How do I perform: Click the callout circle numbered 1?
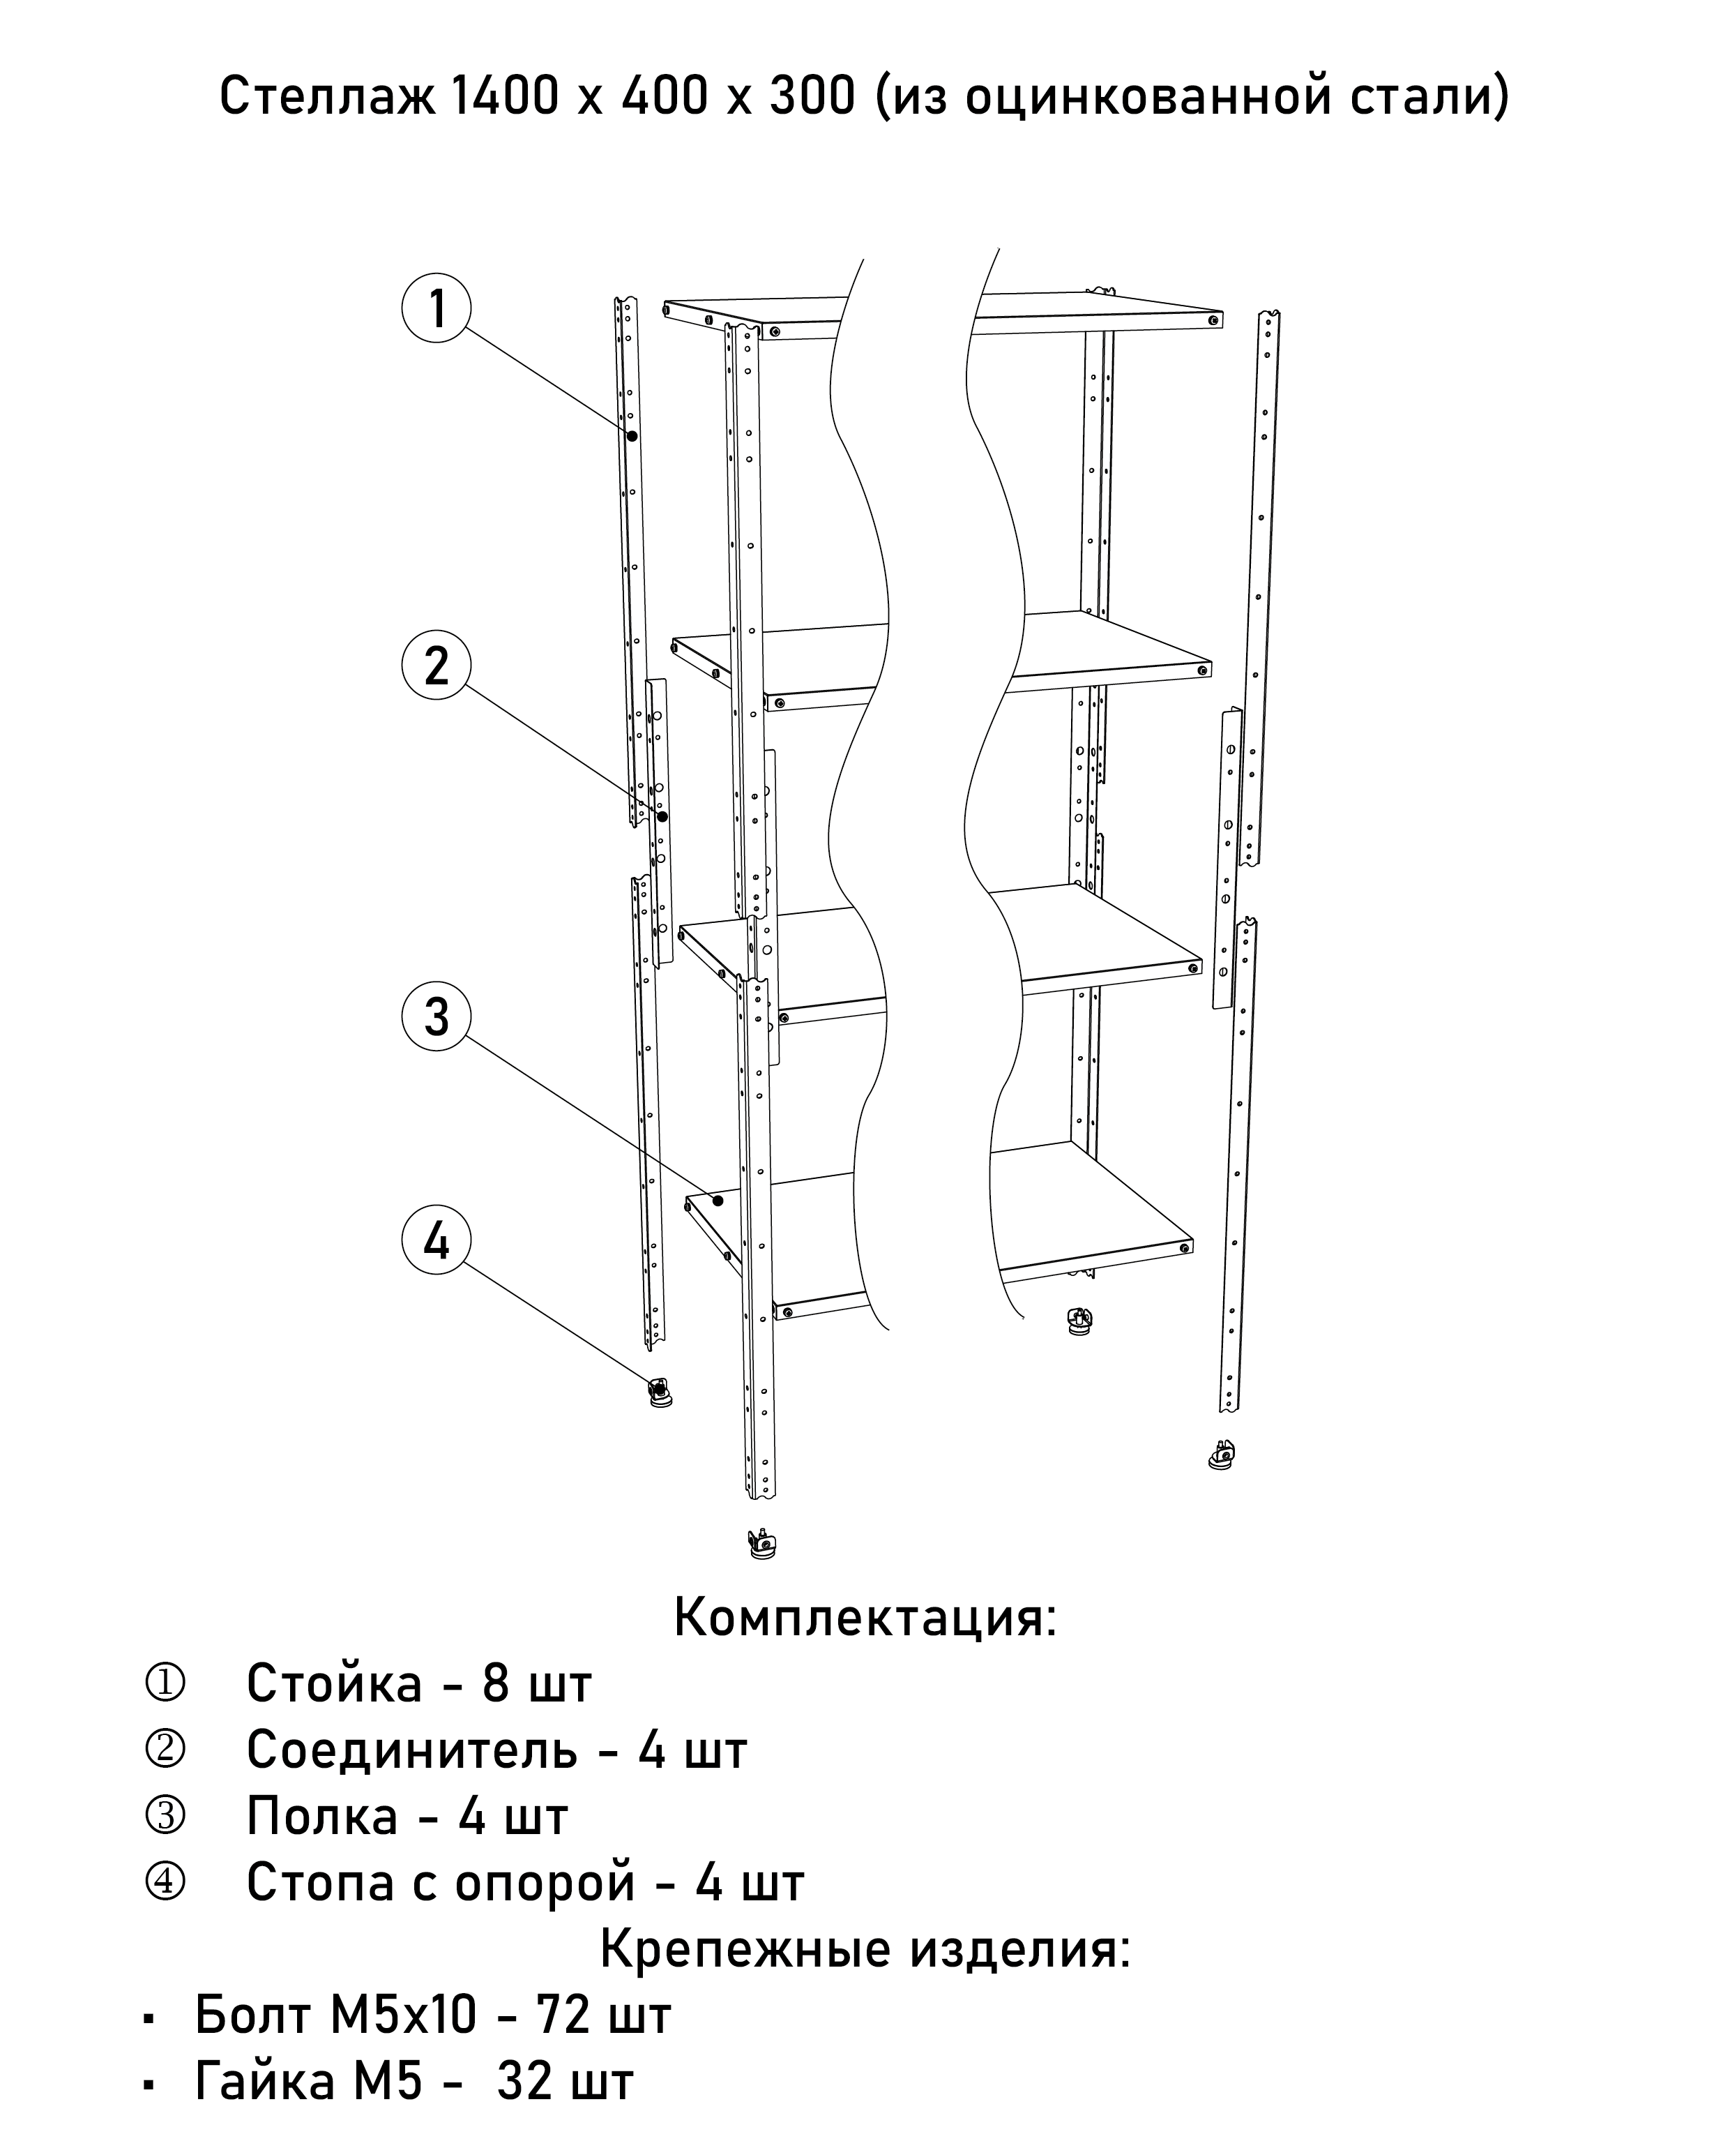pyautogui.click(x=437, y=308)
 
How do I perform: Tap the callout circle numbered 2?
pyautogui.click(x=437, y=666)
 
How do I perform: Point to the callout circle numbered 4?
pyautogui.click(x=437, y=1241)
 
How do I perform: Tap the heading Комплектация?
pyautogui.click(x=864, y=1616)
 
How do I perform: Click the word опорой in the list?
pyautogui.click(x=544, y=1882)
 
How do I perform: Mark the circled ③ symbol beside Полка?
pyautogui.click(x=165, y=1816)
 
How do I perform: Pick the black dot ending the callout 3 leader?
pyautogui.click(x=717, y=1200)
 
